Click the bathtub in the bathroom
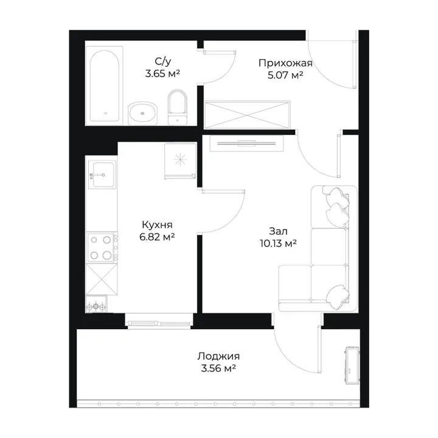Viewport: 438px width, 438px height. [105, 86]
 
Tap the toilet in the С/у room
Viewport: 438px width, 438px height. [177, 107]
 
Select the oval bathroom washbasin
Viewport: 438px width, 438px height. [142, 113]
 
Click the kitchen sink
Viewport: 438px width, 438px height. [102, 175]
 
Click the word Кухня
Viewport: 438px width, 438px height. [157, 225]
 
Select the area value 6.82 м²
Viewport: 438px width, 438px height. [157, 237]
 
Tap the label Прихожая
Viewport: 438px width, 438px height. [285, 63]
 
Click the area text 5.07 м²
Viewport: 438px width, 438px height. [285, 75]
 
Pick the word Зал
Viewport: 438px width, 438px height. [278, 231]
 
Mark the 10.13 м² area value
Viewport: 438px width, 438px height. [278, 243]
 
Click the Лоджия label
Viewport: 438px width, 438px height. [218, 356]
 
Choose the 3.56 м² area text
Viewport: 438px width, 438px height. [218, 369]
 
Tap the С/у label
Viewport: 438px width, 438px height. [163, 61]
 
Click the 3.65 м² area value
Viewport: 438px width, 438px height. [162, 74]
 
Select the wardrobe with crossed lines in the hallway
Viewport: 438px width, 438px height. [247, 114]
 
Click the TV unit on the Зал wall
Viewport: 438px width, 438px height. [246, 144]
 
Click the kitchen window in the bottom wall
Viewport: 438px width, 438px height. [159, 321]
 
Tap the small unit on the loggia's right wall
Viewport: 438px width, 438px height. [352, 365]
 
